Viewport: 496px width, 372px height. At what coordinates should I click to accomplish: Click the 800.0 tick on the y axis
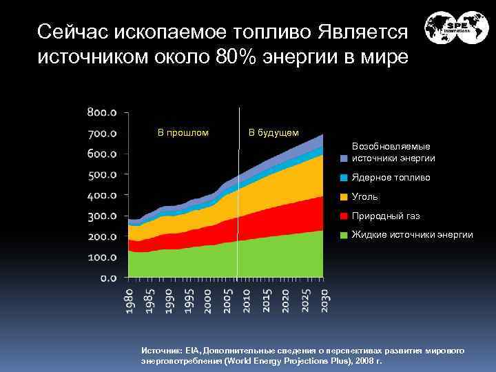102,112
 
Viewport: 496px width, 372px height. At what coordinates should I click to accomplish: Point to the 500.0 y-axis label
102,174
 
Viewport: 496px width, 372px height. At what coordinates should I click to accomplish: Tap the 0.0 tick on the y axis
109,278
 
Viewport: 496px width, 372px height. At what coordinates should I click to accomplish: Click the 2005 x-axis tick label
227,302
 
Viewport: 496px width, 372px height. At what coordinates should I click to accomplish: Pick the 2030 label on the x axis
323,302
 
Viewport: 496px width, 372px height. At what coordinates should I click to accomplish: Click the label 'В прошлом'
183,132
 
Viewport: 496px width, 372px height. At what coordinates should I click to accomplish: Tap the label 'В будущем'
273,132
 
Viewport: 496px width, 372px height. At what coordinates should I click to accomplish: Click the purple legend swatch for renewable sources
344,158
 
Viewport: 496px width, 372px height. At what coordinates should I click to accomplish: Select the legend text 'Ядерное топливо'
391,178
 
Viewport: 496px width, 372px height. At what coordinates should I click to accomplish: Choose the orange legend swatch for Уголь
344,197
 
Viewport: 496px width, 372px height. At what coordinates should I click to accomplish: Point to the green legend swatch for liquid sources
344,236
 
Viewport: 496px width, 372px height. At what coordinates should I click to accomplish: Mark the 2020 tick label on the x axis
285,302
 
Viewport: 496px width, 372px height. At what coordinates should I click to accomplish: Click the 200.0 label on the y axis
102,236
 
